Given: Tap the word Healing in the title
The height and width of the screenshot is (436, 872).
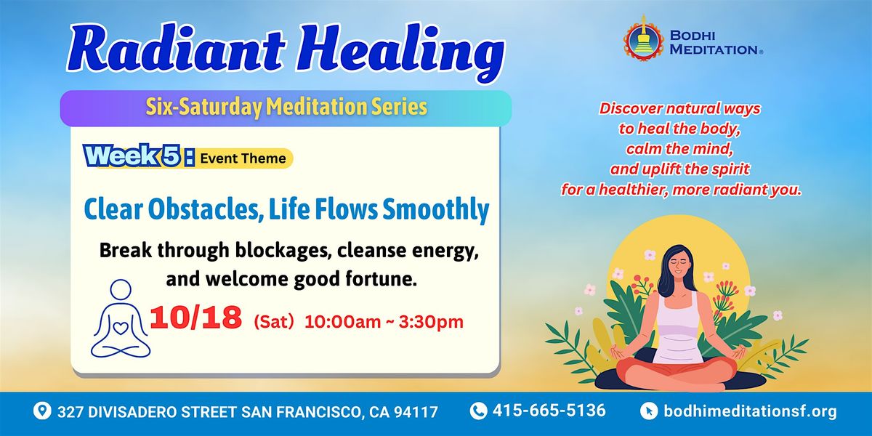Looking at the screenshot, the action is [x=401, y=52].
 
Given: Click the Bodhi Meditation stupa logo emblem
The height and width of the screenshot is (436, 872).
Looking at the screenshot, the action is [x=643, y=40].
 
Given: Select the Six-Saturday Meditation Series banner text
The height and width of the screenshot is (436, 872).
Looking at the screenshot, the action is [x=286, y=107].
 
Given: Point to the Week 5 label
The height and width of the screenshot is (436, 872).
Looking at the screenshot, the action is [x=138, y=156].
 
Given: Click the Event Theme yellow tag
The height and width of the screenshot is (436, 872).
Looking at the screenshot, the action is [x=243, y=158].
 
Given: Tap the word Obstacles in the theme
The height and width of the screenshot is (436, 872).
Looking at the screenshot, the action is [x=203, y=209].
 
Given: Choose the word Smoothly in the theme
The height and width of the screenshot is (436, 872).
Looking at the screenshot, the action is [x=435, y=210].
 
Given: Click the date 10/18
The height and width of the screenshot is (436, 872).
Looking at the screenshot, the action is [x=195, y=318].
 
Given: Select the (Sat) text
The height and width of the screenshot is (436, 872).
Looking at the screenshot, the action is [x=274, y=322].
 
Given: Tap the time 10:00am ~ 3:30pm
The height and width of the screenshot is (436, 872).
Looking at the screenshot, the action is [x=384, y=322].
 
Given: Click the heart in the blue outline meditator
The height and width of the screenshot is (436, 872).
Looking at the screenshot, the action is [x=121, y=328].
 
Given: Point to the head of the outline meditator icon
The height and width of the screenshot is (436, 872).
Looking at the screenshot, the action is [x=121, y=290].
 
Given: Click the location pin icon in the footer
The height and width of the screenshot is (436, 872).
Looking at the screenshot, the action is [x=42, y=411].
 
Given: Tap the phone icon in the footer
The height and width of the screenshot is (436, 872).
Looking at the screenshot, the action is [x=478, y=411].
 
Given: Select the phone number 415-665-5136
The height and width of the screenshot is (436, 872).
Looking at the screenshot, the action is [x=549, y=411].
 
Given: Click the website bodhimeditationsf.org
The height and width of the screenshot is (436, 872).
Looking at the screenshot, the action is [x=750, y=411].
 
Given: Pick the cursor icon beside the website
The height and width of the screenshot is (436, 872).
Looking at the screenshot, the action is [x=649, y=411].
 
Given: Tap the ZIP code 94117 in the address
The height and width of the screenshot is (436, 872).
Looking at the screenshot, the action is [x=416, y=412].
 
